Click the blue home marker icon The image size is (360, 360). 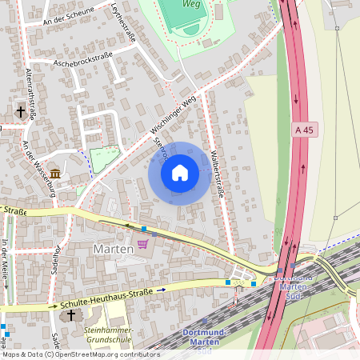(180, 173)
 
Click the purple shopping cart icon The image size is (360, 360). (143, 244)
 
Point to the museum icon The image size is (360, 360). (55, 174)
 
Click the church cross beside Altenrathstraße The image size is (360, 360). (20, 113)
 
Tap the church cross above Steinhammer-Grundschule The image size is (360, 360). (70, 316)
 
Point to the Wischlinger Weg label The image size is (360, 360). (172, 116)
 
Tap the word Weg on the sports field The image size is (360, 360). (192, 5)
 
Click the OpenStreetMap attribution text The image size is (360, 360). (81, 354)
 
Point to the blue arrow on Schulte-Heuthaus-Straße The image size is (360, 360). (161, 289)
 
